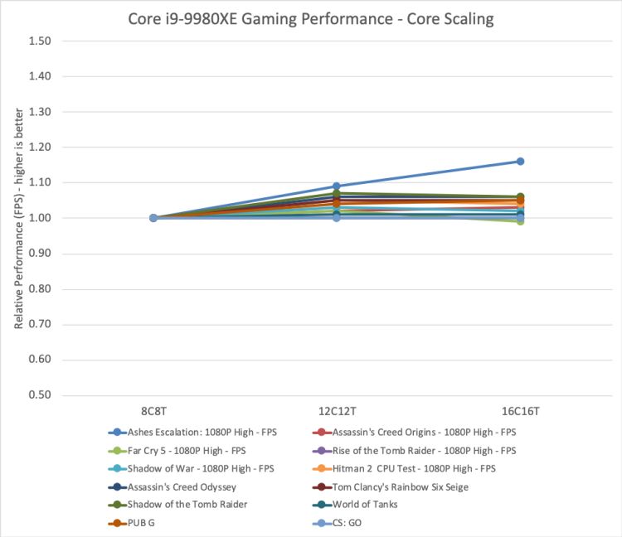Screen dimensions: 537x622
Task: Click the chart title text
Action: click(x=311, y=18)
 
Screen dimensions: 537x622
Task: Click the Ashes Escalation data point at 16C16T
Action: click(x=520, y=162)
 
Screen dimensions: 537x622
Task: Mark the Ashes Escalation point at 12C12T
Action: click(x=337, y=186)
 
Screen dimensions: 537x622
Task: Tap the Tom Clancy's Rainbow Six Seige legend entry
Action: click(x=400, y=486)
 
